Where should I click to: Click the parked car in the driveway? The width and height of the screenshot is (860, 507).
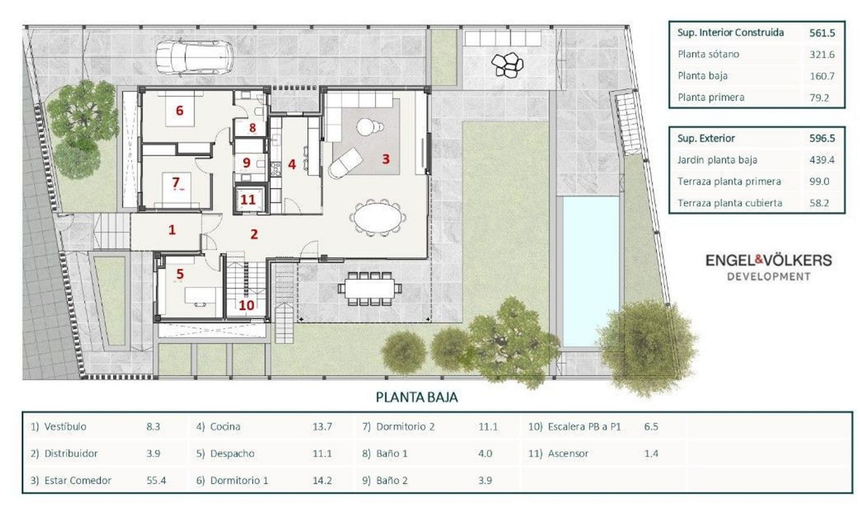coord(194,58)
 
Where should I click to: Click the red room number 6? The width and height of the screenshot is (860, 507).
coord(180,111)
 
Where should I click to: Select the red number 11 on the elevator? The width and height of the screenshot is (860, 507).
coord(247,200)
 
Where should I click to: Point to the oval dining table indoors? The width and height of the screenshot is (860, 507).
coord(377,218)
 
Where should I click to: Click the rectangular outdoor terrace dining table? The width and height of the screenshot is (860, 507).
coord(370,288)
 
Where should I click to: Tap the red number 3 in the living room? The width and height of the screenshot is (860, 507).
coord(386,159)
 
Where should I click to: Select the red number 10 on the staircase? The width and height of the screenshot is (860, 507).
coord(246,305)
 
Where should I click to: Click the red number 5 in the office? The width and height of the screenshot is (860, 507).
coord(180,274)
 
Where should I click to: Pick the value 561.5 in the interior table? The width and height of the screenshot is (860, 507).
coord(822,33)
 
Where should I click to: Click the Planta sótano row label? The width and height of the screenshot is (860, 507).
coord(708,54)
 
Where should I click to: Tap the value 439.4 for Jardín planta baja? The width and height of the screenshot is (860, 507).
coord(822,160)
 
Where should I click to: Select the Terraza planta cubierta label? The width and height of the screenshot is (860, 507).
coord(730,203)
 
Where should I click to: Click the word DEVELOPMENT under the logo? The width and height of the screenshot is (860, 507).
coord(769,277)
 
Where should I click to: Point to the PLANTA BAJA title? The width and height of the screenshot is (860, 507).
coord(417,398)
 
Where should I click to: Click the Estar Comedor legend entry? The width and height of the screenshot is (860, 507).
coord(77,481)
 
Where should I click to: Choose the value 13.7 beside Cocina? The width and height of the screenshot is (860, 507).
coord(322,427)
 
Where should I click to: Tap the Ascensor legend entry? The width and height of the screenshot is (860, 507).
coord(568,453)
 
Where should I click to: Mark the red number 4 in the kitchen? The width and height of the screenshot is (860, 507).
coord(292,164)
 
